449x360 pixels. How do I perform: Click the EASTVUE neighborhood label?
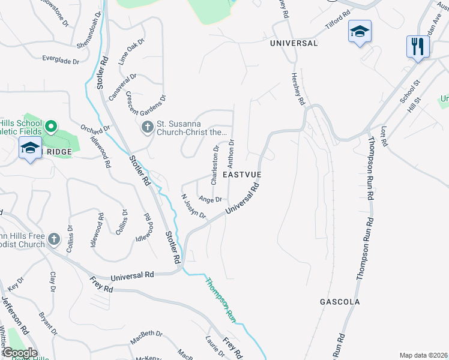tap(243, 174)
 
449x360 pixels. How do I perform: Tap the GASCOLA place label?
tap(340, 302)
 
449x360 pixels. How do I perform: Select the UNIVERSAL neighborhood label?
tap(294, 43)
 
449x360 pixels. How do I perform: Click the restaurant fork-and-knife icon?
tap(415, 46)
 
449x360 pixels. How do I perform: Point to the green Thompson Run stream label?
tap(220, 299)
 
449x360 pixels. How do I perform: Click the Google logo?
tap(20, 353)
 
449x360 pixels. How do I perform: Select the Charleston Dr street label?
tap(214, 165)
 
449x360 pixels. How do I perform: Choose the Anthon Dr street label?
tap(231, 154)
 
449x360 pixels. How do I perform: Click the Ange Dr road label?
tap(210, 199)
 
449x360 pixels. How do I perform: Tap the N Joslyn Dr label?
tap(194, 206)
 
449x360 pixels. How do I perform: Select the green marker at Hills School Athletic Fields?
tap(51, 127)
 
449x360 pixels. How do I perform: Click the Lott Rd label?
tap(385, 137)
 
